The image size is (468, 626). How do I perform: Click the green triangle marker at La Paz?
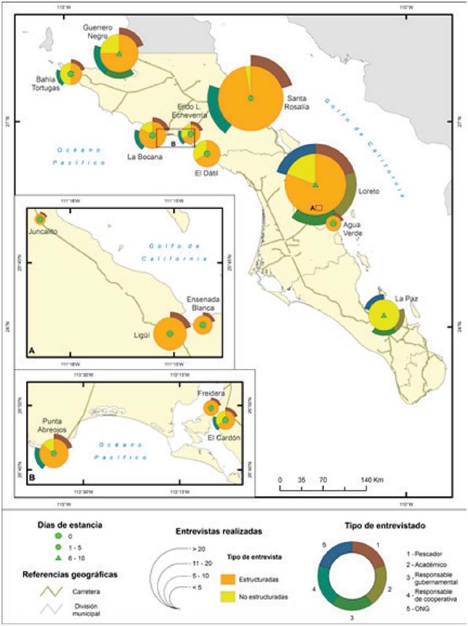click(x=383, y=316)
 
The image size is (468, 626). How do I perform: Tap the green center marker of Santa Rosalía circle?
click(x=250, y=98)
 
